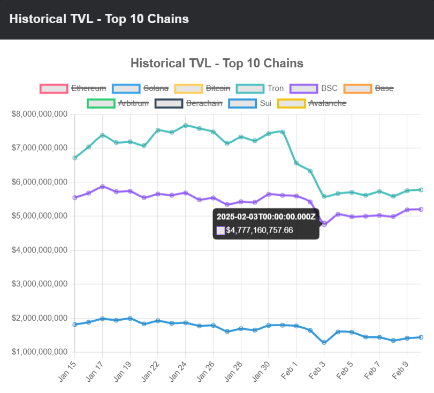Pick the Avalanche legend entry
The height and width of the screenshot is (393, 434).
click(311, 103)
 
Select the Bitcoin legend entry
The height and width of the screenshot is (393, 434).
click(204, 88)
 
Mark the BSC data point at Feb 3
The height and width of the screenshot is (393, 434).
click(324, 224)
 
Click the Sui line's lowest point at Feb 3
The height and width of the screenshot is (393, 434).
click(324, 342)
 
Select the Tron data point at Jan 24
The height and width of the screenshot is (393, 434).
click(185, 126)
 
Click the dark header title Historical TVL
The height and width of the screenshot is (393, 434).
click(99, 19)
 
